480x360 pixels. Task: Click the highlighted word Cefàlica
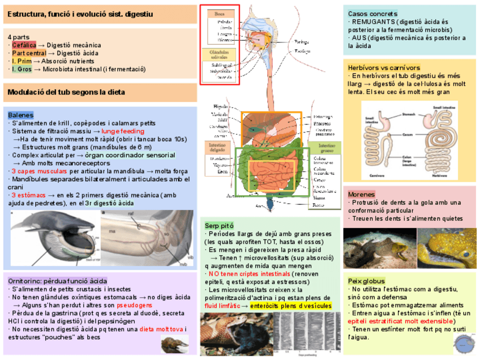pyautogui.click(x=23, y=45)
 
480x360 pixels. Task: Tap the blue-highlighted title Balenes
pyautogui.click(x=20, y=115)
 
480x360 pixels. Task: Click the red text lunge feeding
pyautogui.click(x=123, y=131)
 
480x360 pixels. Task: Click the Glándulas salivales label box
pyautogui.click(x=217, y=54)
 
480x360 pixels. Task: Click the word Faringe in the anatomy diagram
pyautogui.click(x=302, y=41)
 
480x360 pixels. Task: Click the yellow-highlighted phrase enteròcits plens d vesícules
pyautogui.click(x=290, y=306)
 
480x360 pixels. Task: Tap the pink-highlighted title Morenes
pyautogui.click(x=361, y=194)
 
